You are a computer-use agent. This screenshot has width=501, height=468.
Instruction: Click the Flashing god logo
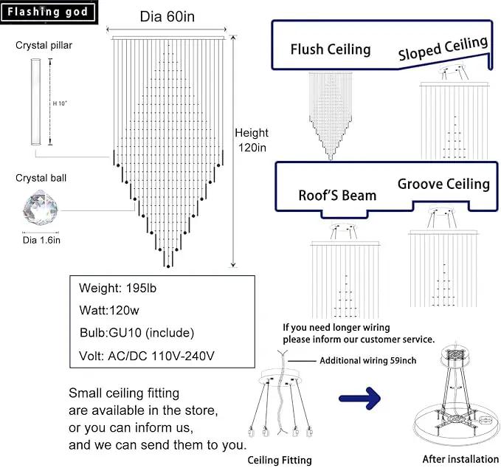tap(48, 12)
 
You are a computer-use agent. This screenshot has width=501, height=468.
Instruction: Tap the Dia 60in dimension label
tap(167, 17)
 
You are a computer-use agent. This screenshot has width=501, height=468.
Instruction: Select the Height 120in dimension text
tap(252, 140)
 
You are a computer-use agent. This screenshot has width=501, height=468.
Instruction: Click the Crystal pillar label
tap(44, 45)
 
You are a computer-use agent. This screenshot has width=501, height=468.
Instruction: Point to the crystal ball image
tap(41, 207)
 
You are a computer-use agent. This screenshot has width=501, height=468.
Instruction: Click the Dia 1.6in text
tap(41, 240)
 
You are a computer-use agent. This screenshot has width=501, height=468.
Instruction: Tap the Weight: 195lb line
tap(117, 288)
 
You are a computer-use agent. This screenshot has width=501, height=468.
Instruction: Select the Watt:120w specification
tap(109, 311)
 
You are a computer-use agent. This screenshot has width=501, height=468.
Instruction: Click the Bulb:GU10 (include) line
tap(137, 333)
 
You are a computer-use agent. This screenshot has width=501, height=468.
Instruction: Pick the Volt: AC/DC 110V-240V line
tap(147, 356)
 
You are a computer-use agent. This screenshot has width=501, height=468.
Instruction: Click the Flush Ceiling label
tap(331, 49)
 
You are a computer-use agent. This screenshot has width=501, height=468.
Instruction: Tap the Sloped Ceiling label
tap(443, 48)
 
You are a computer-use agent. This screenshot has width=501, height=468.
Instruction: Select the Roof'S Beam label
tap(337, 196)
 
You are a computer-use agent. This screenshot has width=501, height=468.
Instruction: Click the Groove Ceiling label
tap(443, 184)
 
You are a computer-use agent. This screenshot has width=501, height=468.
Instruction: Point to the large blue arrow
tap(360, 399)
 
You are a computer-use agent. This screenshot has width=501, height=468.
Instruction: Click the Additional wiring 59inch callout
tap(367, 360)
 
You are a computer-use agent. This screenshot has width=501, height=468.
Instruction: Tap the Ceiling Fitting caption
tap(280, 460)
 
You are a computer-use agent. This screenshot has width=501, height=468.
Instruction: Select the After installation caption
tap(460, 459)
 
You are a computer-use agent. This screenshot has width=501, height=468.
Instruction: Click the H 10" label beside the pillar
tap(60, 103)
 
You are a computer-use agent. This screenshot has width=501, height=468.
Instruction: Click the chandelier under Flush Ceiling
tap(331, 116)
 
